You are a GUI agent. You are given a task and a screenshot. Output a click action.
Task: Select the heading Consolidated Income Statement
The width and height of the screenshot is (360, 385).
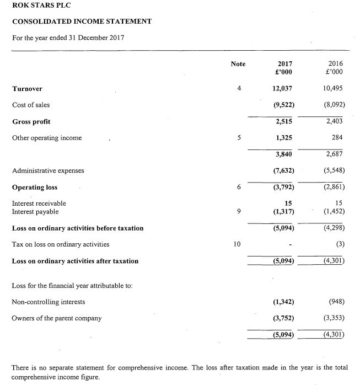coord(82,22)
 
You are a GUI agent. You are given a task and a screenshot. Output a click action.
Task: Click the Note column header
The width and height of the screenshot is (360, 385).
coord(238,64)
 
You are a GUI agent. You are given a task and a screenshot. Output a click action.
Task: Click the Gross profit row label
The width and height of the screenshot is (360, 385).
coord(31,121)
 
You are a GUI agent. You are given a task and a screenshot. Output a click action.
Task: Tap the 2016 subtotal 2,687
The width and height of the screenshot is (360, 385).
coord(335,154)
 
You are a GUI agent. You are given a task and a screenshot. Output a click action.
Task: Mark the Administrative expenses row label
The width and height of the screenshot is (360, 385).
coord(48,170)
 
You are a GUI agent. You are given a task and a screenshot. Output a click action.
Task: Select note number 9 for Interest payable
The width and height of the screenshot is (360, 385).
coord(238,211)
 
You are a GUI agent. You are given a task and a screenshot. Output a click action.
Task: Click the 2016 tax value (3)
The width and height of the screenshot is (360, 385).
coord(338,244)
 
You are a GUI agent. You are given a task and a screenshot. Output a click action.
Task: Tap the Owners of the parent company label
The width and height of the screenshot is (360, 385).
coord(57,318)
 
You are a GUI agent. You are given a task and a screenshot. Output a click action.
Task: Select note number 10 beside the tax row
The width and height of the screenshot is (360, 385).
coord(238,244)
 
